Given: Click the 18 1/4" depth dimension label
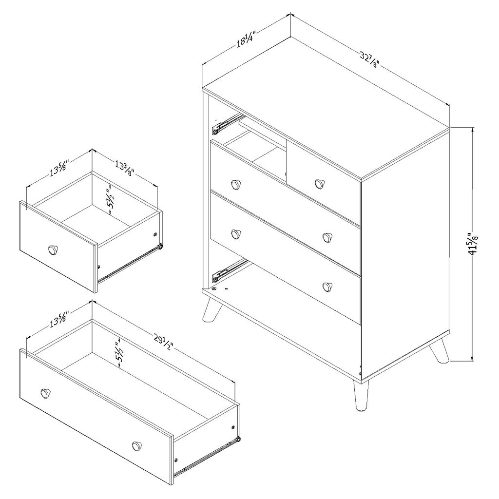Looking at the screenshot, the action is tap(246, 38).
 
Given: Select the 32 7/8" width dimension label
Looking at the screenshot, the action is tap(370, 60).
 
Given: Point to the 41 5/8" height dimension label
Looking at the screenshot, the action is tap(474, 244).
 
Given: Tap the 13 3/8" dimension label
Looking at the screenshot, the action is tap(124, 169).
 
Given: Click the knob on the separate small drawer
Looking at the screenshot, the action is tap(53, 250).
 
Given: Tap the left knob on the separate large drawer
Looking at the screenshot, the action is tap(45, 394).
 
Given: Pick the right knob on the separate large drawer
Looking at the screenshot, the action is tap(137, 446).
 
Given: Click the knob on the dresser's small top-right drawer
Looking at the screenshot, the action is tap(319, 184).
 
